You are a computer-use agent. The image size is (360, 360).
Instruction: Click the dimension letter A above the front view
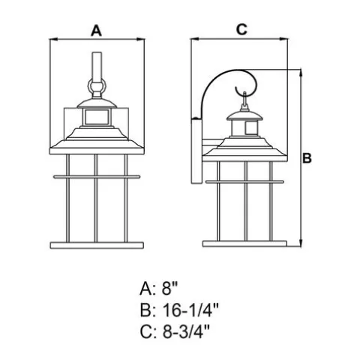pos(96,31)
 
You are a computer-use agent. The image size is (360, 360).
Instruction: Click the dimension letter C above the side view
pos(241,29)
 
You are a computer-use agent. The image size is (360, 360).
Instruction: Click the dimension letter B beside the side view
pos(307,158)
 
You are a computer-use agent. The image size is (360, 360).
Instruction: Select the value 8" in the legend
pos(169,289)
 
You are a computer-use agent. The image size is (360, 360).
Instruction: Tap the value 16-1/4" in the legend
pos(190,310)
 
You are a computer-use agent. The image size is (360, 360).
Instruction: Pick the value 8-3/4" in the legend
pos(186,331)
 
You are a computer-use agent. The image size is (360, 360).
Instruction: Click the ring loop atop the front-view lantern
pos(97,86)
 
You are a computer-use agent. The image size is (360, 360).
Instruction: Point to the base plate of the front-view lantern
pos(97,245)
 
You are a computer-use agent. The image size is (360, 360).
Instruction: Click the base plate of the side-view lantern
pos(244,244)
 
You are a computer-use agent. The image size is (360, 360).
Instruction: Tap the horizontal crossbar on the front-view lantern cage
pos(97,177)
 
